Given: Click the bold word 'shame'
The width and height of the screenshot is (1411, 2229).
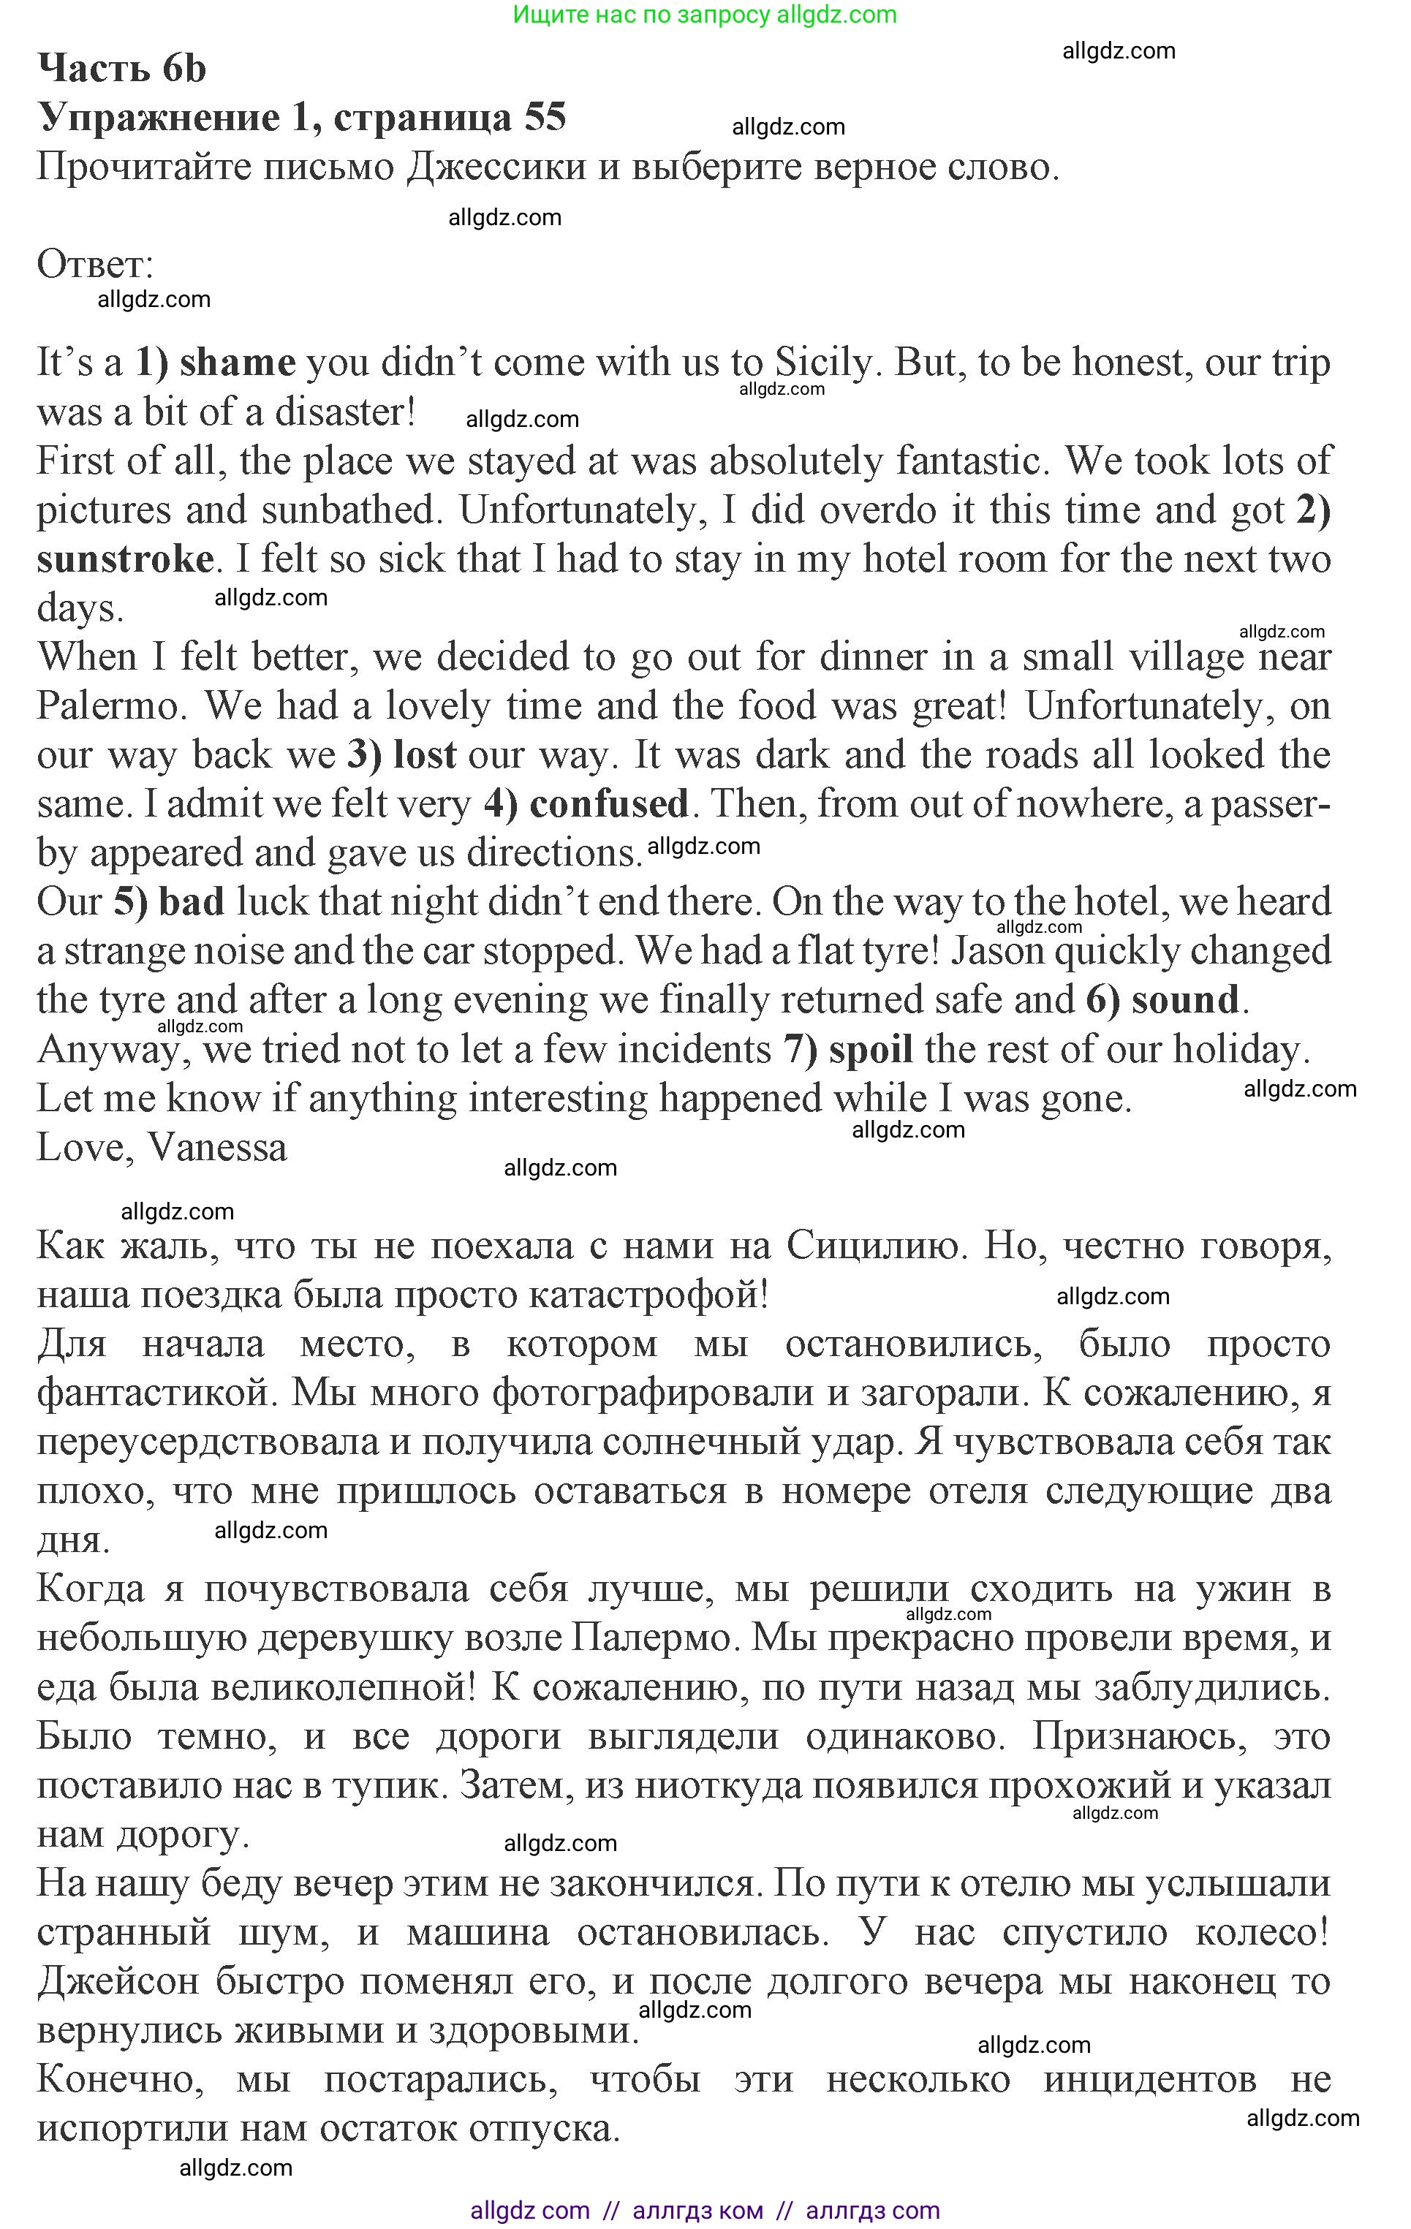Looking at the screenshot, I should tap(237, 362).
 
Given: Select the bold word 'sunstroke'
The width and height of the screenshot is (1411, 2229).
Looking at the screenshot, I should tap(125, 559).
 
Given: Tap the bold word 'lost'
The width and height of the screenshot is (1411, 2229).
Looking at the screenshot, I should tap(425, 754).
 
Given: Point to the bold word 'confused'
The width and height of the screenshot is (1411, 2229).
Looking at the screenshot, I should tap(608, 803).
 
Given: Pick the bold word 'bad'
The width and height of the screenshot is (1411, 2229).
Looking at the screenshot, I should tap(192, 901).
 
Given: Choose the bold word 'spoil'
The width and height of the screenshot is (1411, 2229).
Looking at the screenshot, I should tap(870, 1049).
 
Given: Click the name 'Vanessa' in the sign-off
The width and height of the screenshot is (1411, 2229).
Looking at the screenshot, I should tap(218, 1148).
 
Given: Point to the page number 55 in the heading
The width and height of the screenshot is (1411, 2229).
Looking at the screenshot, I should tap(545, 117).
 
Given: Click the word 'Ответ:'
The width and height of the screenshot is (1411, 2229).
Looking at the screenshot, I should tap(94, 265).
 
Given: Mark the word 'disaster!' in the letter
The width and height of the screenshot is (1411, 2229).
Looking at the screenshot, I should tap(344, 412).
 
